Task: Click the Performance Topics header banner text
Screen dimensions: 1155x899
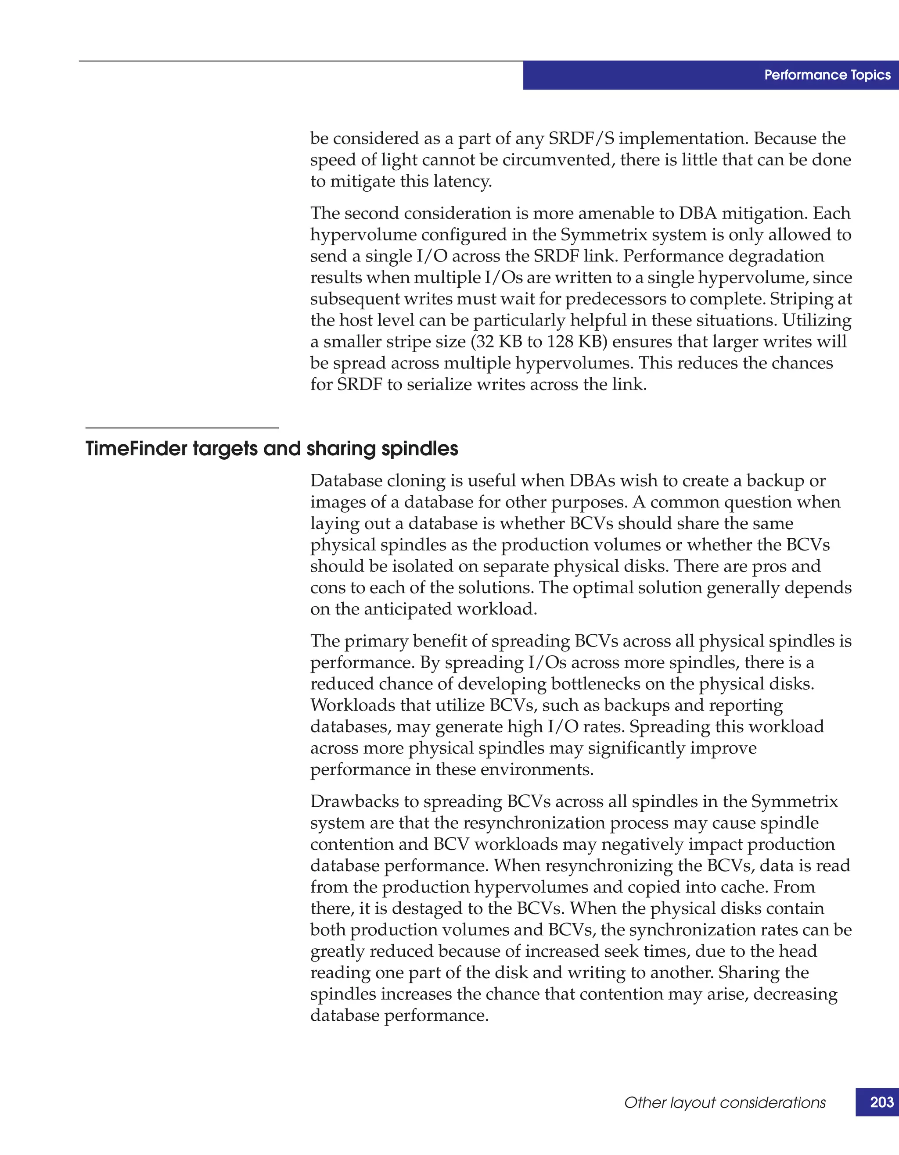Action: (827, 75)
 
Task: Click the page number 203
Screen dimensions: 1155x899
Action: (881, 1102)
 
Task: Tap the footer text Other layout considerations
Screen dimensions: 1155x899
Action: (724, 1103)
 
